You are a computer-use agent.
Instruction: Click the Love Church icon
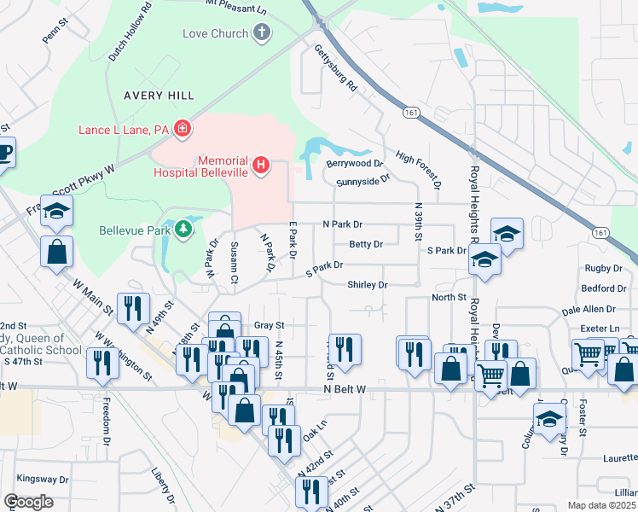point(261,33)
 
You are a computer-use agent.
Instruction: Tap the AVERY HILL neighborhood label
point(158,95)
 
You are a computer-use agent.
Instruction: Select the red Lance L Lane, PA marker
point(182,129)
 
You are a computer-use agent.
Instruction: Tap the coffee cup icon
point(4,152)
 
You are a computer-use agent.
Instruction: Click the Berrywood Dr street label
point(348,163)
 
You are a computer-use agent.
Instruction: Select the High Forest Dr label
point(418,171)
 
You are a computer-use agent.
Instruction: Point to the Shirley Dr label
point(368,284)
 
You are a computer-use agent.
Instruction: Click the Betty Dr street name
point(365,244)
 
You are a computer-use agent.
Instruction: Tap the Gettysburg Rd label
point(334,67)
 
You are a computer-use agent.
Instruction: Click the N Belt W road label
point(345,389)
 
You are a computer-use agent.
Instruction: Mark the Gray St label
point(269,325)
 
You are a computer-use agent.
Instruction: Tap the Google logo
point(29,502)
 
